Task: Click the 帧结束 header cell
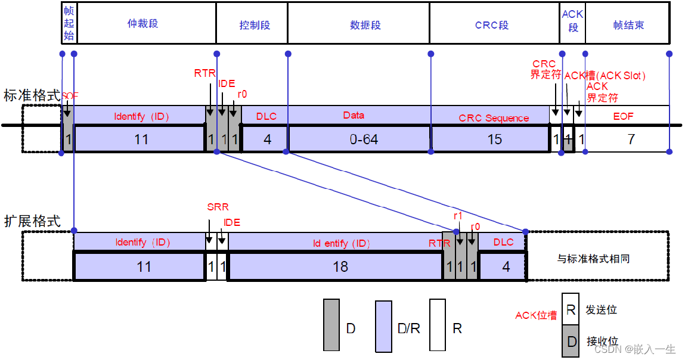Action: coord(627,25)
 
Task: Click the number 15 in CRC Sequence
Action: coord(495,139)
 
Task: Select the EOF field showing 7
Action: coord(631,139)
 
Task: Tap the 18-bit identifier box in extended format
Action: coord(340,266)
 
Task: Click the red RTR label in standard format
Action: coord(204,73)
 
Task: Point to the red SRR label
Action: coord(218,207)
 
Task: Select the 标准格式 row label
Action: coord(31,95)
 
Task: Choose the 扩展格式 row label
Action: coord(31,221)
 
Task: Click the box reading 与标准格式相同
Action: coord(593,259)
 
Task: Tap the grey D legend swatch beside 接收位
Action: coord(571,342)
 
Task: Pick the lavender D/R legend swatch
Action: coord(383,325)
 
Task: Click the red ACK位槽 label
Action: coord(536,315)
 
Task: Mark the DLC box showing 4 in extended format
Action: coord(506,266)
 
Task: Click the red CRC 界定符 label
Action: coord(545,69)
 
